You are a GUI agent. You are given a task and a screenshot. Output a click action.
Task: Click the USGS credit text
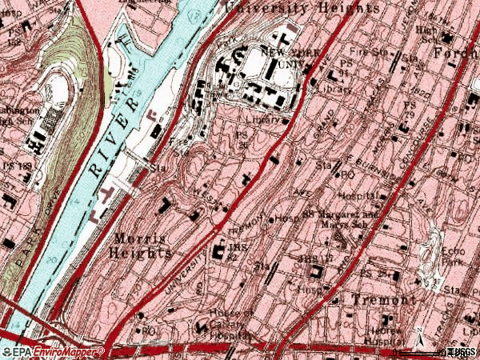click(462, 352)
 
